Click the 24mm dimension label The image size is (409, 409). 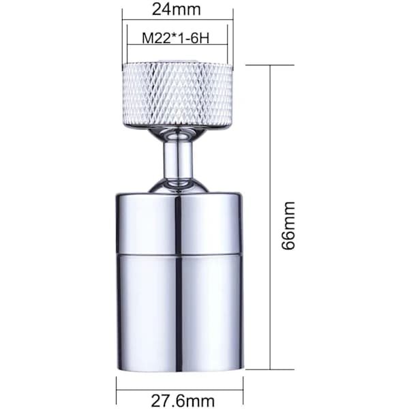pos(177,10)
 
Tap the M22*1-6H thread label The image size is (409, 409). pos(176,38)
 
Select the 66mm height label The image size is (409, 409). pos(289,226)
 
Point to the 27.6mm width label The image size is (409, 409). pos(183,401)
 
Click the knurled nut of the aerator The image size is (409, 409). pos(177,95)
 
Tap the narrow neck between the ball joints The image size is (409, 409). pos(179,160)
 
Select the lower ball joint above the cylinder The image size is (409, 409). pos(179,185)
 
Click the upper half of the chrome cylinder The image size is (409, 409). pos(179,223)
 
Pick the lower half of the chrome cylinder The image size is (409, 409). pos(180,312)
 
